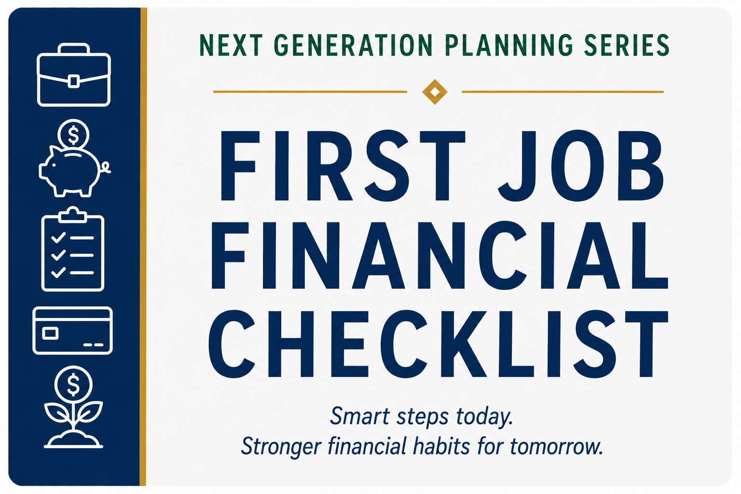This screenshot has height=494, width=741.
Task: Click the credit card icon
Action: (72, 330)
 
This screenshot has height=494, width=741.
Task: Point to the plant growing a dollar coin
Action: (73, 408)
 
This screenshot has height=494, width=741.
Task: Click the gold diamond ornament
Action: (435, 92)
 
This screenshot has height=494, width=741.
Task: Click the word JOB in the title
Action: (580, 166)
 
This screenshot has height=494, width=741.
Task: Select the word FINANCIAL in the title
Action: (440, 256)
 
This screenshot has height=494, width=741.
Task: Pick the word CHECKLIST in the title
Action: (439, 344)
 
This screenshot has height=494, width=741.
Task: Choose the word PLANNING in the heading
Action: (509, 45)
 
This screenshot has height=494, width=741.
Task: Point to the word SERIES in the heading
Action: (627, 45)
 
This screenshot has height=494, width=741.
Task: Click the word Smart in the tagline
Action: (359, 416)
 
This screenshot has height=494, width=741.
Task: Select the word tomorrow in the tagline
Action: (556, 446)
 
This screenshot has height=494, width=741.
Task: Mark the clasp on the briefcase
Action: (73, 82)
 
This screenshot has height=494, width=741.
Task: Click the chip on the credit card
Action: (50, 333)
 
